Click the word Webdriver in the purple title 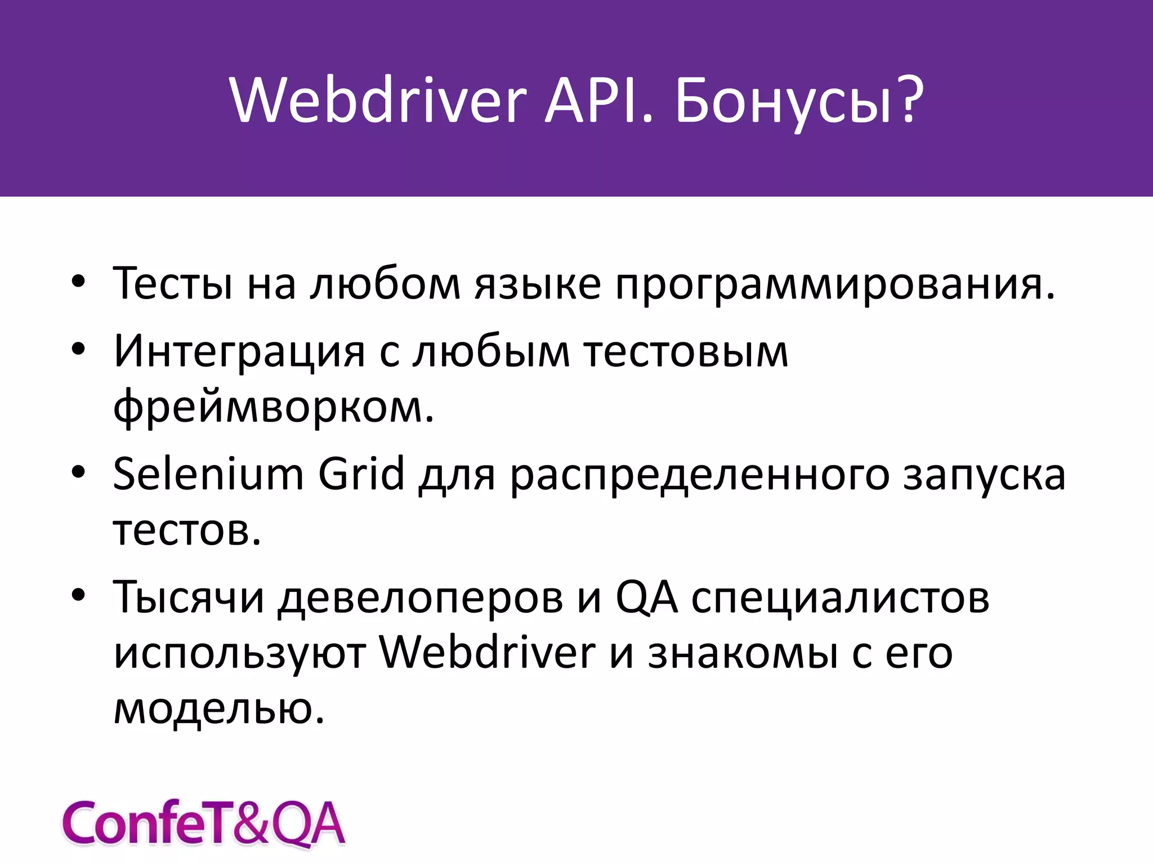(378, 101)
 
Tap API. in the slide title (599, 101)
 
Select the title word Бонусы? (799, 101)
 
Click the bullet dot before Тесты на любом (78, 281)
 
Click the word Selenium (208, 474)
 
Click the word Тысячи (189, 597)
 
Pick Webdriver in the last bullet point (487, 653)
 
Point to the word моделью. (219, 708)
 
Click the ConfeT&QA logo (203, 823)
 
